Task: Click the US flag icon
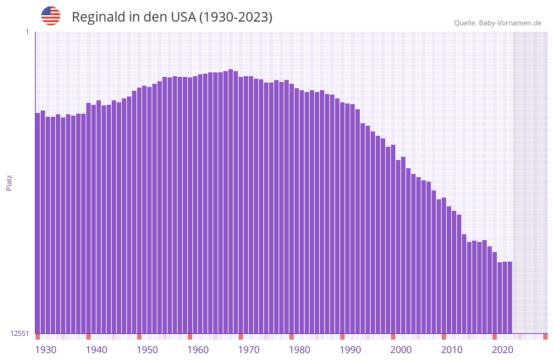point(51,16)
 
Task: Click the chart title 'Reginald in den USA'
point(172,17)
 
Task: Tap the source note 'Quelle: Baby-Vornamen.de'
point(498,23)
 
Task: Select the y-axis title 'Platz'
point(9,183)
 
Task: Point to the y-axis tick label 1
point(27,32)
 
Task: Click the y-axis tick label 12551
point(20,333)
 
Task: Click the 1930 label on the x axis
point(46,350)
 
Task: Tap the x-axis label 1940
point(96,350)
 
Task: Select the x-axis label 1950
point(147,350)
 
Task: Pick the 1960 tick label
point(198,350)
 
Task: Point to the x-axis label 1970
point(249,350)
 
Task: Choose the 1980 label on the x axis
point(300,350)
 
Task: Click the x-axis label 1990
point(350,350)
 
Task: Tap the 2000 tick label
point(401,350)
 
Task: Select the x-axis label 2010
point(452,350)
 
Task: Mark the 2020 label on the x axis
point(503,350)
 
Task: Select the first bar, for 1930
point(37,223)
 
